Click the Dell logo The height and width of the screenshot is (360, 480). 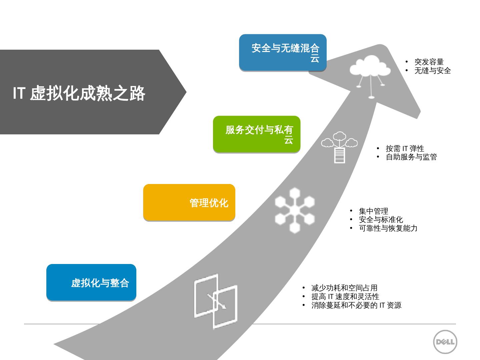pos(445,342)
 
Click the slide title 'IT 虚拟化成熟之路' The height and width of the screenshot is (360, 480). pos(79,93)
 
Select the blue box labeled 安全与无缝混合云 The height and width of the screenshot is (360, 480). pos(283,52)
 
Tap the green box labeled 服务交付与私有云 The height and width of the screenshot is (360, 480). pos(257,134)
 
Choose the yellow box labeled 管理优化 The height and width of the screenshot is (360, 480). pos(189,202)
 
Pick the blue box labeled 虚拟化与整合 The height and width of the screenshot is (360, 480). pos(91,283)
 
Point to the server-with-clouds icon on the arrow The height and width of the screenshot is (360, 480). pos(339,147)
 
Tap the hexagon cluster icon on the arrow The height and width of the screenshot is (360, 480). pos(295,210)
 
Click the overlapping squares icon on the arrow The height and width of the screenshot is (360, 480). pos(216,301)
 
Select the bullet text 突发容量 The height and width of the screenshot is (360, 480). pos(429,62)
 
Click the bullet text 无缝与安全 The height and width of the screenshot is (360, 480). pos(432,71)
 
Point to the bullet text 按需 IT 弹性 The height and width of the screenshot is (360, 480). pos(405,149)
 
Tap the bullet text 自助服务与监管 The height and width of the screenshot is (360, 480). pos(411,157)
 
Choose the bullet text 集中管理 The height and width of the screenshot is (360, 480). pos(373,211)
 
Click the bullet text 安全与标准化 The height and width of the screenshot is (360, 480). pos(381,220)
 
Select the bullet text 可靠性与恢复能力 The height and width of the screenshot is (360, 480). pos(388,228)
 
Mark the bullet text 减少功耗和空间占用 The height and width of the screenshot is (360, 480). pos(344,288)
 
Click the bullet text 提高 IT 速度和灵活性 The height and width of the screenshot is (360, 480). pos(345,297)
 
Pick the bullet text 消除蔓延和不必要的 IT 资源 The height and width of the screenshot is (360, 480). pos(356,305)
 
